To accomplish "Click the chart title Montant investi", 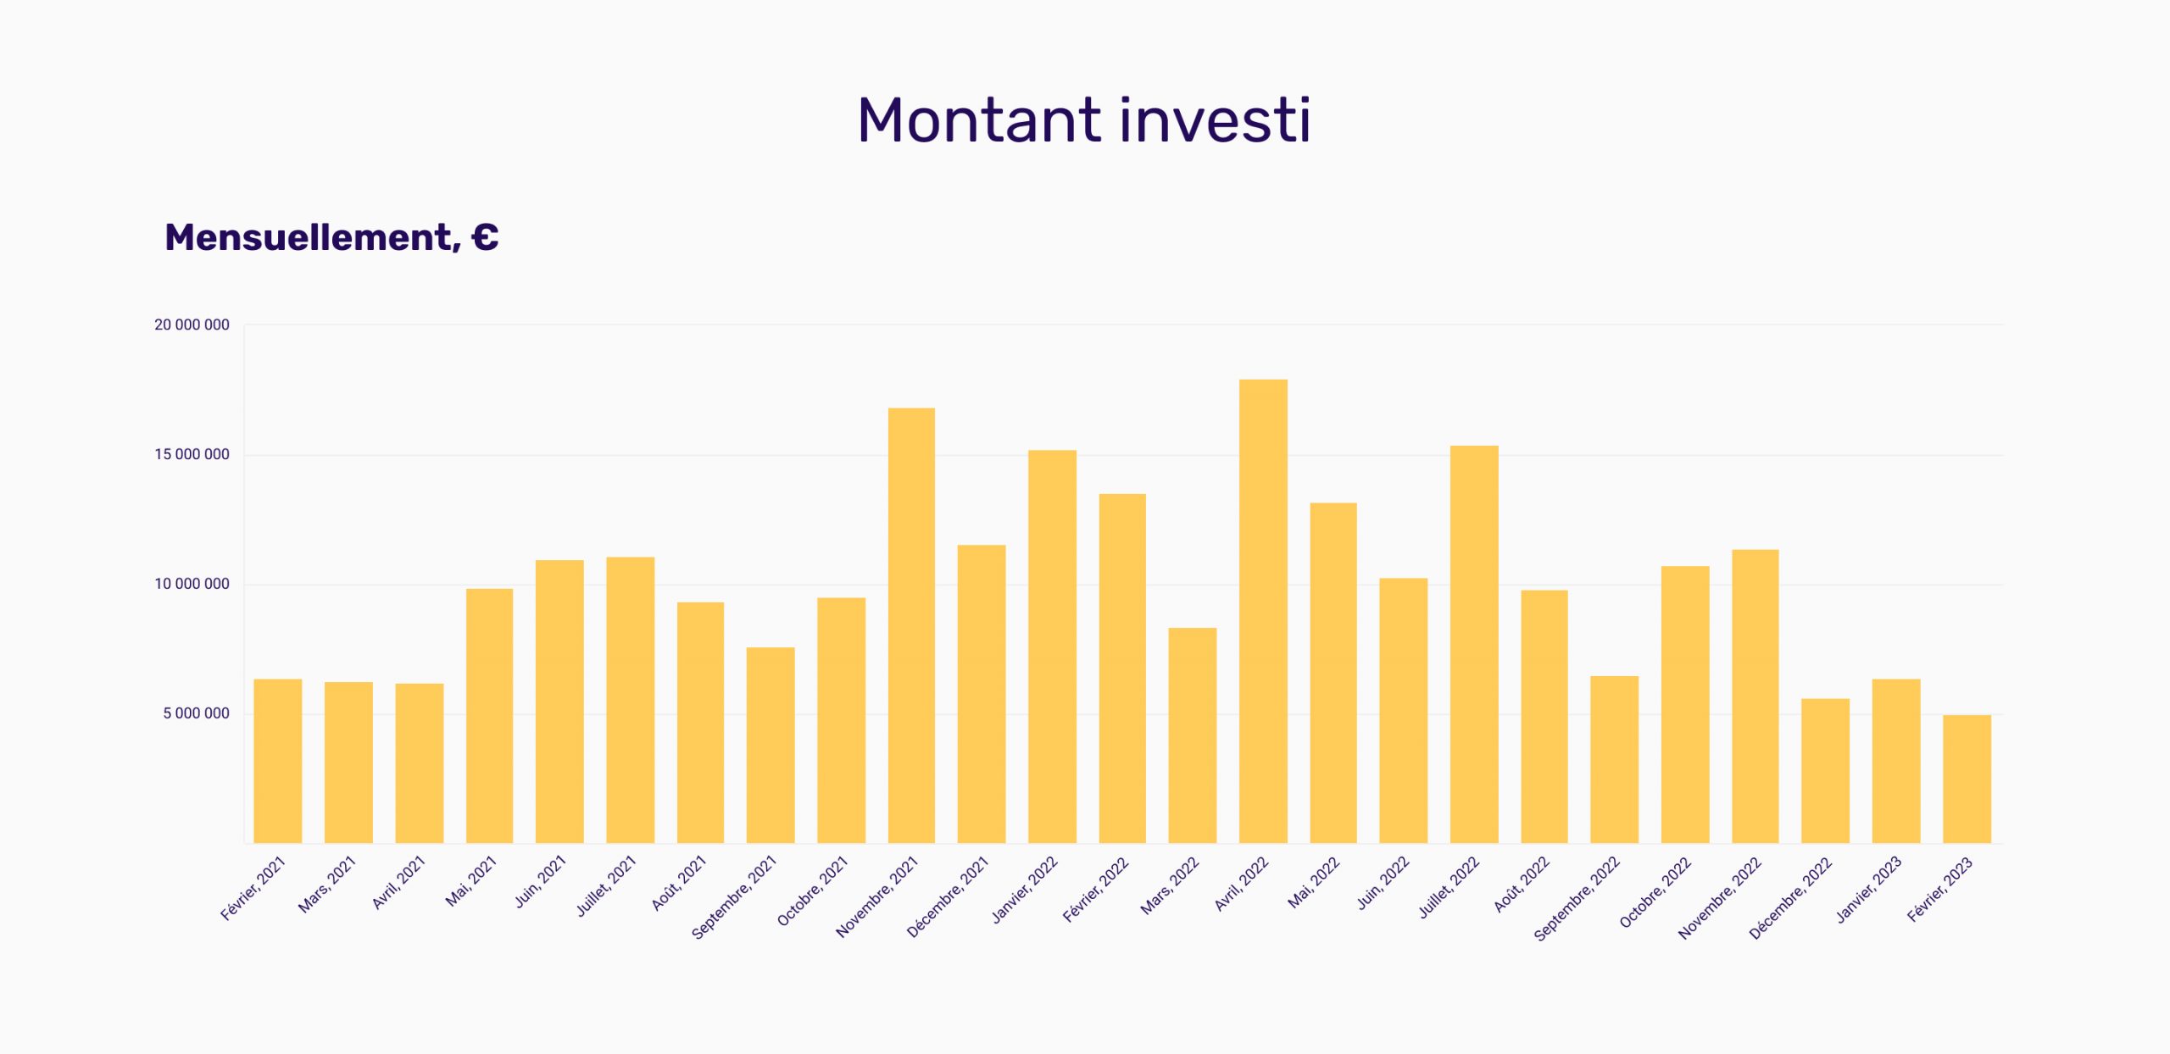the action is (1084, 119).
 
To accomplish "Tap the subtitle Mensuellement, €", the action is (331, 238).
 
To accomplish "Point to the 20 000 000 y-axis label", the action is (192, 325).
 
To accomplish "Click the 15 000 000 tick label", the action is (192, 454).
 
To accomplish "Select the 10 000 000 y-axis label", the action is (192, 584).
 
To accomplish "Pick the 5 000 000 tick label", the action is (196, 713).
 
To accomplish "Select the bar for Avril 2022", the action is (1263, 611).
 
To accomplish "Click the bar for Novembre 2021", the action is (911, 625).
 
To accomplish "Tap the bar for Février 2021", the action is (278, 761).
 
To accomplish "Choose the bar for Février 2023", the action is (1967, 779).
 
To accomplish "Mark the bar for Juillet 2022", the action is (1474, 644).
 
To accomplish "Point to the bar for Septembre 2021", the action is (771, 746).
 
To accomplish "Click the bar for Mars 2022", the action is (1192, 735).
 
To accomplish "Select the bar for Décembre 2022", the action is (1825, 771).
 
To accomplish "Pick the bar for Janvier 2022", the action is (1052, 646).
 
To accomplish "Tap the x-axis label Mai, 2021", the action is (471, 881).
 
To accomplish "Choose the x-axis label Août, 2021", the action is (679, 883).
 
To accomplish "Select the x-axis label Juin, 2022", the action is (1383, 883).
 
